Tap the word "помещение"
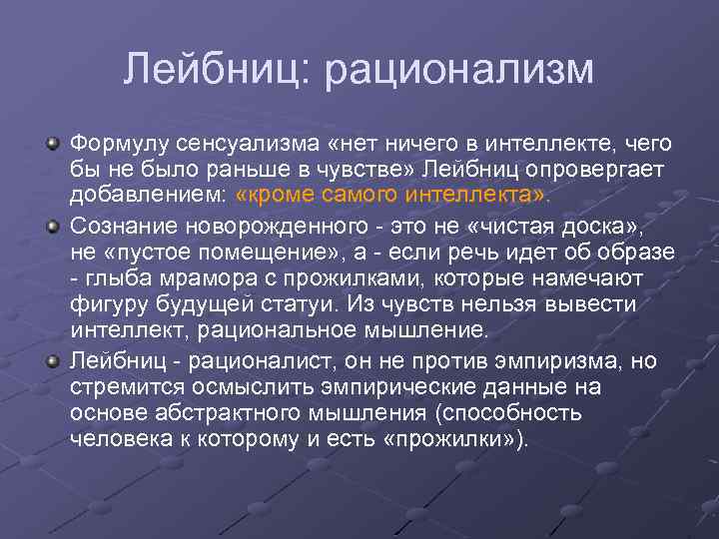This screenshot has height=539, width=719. (x=260, y=253)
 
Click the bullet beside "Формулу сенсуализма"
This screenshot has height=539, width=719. (x=52, y=144)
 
